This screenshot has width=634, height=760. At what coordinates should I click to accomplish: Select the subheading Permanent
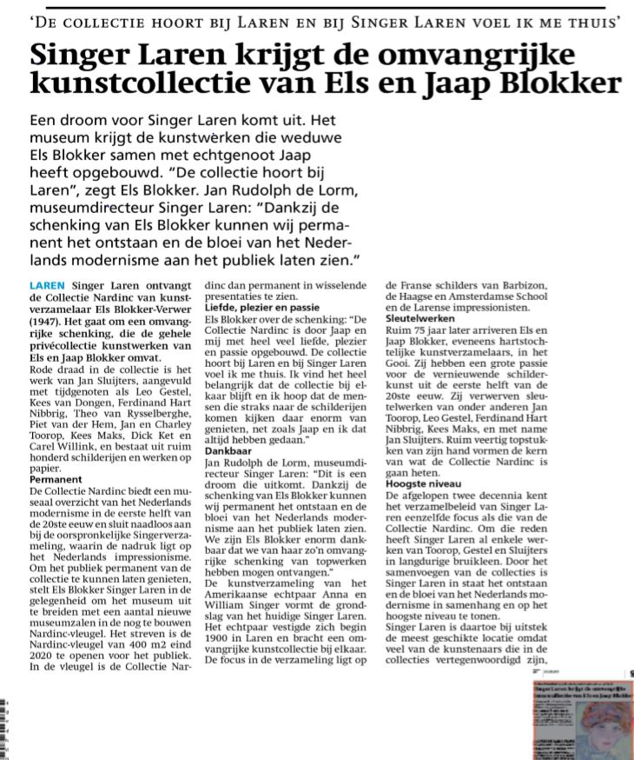(56, 479)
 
